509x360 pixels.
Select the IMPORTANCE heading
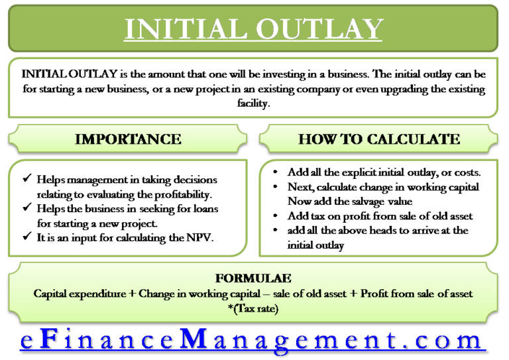point(128,139)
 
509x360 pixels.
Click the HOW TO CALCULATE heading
point(378,139)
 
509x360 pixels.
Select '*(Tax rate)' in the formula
point(255,308)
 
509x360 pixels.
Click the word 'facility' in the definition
point(254,103)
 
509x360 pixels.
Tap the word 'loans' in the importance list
point(203,210)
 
